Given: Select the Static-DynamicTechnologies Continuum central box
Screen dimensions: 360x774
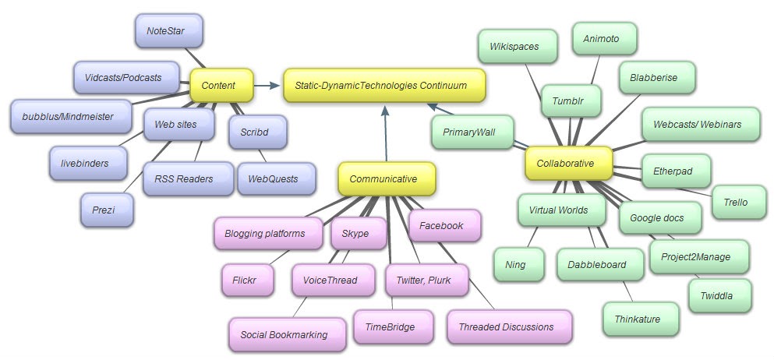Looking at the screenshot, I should pyautogui.click(x=384, y=85).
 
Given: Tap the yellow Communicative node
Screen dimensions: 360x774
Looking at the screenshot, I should pyautogui.click(x=383, y=179).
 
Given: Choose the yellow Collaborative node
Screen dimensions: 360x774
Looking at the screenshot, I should pyautogui.click(x=565, y=163).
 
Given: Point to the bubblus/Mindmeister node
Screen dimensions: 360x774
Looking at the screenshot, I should pyautogui.click(x=63, y=116).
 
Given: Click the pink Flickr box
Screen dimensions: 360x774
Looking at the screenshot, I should pyautogui.click(x=244, y=279).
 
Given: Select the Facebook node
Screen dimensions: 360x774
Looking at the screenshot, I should pyautogui.click(x=441, y=225).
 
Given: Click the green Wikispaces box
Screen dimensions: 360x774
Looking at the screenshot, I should pyautogui.click(x=514, y=47).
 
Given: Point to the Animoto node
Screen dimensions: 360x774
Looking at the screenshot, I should pyautogui.click(x=606, y=38).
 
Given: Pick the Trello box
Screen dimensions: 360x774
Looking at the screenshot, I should pyautogui.click(x=734, y=202).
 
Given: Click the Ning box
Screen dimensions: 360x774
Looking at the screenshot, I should pyautogui.click(x=516, y=264).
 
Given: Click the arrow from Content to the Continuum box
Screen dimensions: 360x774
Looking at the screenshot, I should pyautogui.click(x=268, y=85).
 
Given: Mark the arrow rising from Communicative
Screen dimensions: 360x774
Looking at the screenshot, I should pyautogui.click(x=384, y=132).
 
